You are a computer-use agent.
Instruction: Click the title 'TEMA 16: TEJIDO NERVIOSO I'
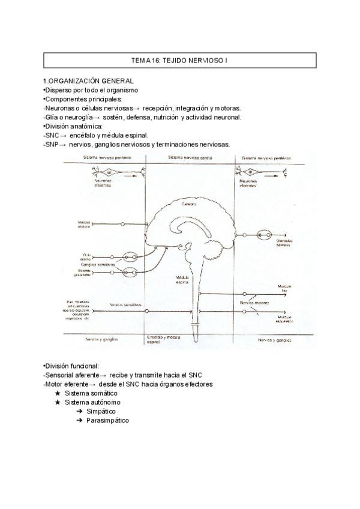pos(180,61)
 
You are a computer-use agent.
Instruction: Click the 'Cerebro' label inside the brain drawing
pos(190,205)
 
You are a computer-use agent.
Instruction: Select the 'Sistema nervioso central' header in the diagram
pos(190,157)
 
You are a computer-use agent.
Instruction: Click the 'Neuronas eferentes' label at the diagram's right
pos(248,183)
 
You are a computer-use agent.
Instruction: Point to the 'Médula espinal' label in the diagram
pos(182,280)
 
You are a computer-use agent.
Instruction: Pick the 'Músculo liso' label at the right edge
pos(284,289)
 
